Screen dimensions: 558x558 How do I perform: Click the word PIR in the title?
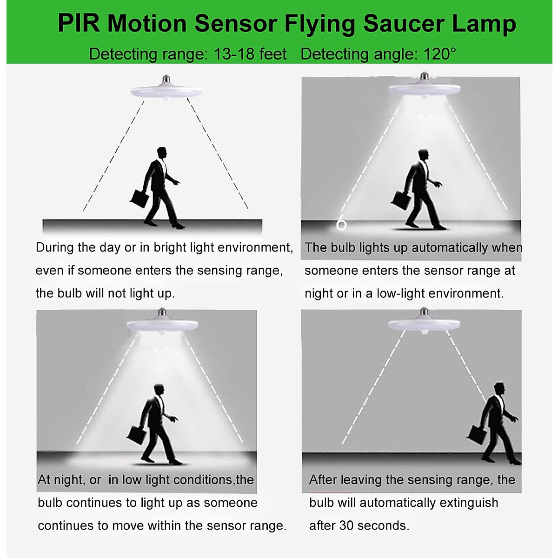78,23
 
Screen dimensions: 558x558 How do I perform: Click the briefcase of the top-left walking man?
139,198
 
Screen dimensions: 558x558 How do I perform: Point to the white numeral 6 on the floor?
341,224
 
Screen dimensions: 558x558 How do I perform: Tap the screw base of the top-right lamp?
424,76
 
